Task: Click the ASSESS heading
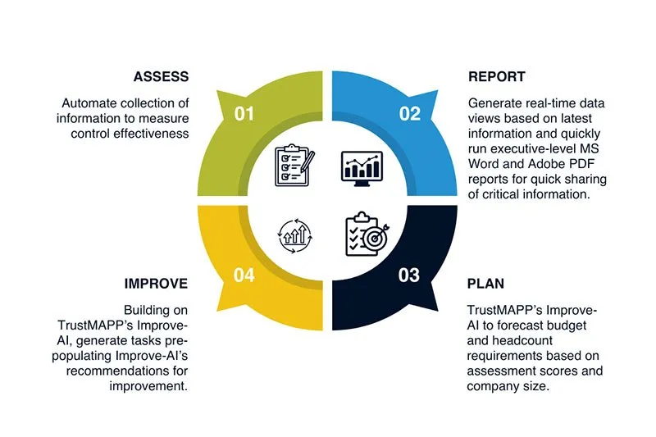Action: pyautogui.click(x=161, y=77)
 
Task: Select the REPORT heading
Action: pyautogui.click(x=497, y=77)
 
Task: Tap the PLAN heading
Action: pyautogui.click(x=485, y=283)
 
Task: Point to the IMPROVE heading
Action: pyautogui.click(x=157, y=283)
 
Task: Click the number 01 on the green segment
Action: pyautogui.click(x=244, y=114)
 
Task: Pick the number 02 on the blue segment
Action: pyautogui.click(x=410, y=114)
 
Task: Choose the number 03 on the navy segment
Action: pyautogui.click(x=409, y=275)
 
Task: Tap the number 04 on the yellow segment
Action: pyautogui.click(x=244, y=275)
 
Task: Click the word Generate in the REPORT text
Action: pyautogui.click(x=494, y=104)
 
